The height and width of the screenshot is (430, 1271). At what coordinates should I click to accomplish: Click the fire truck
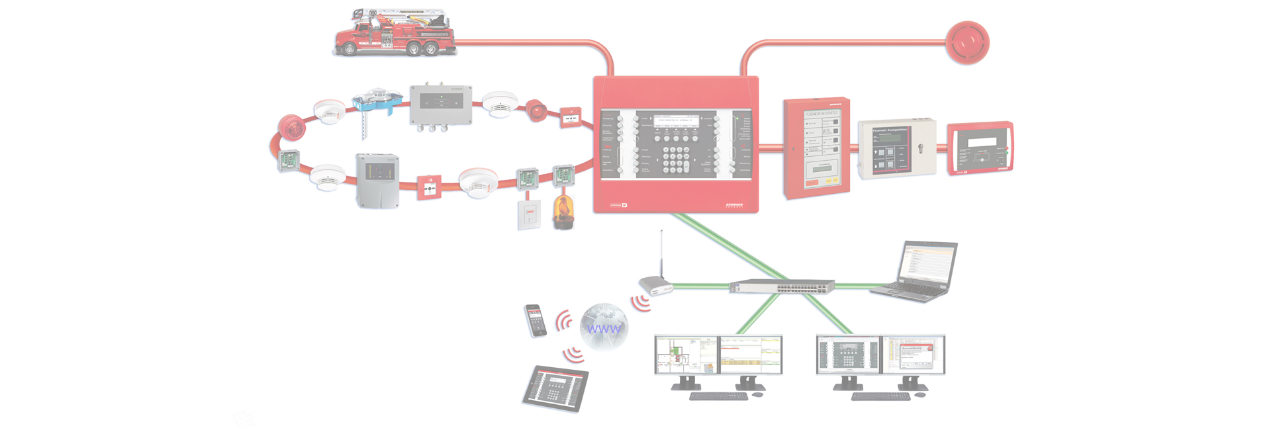(x=395, y=33)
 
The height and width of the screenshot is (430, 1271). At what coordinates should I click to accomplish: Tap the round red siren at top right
(x=966, y=42)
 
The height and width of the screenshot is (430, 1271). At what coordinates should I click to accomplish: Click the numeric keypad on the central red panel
(x=677, y=159)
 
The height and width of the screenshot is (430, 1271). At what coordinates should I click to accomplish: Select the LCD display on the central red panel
(x=676, y=120)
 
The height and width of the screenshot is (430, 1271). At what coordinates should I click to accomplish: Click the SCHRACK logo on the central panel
(x=733, y=205)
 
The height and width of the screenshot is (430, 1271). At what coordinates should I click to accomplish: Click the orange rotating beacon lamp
(x=563, y=212)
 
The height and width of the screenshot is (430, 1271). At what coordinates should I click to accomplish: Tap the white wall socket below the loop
(x=529, y=214)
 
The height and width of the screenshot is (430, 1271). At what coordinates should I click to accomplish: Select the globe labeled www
(x=604, y=326)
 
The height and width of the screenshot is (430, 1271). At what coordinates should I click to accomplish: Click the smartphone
(x=536, y=320)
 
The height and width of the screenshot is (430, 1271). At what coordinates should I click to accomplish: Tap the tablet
(x=555, y=388)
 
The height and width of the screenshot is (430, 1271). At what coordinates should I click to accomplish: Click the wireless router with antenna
(x=655, y=286)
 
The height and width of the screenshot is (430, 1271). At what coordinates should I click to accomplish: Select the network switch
(x=782, y=286)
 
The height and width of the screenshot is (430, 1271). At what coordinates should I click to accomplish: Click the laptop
(x=917, y=271)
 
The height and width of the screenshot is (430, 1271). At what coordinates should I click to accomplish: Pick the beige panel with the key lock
(x=897, y=149)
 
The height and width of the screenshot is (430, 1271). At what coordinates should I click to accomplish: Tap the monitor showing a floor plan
(x=686, y=355)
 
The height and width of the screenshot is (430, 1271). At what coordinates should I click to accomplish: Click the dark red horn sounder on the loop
(x=536, y=110)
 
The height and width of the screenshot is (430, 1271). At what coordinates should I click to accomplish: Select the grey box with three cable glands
(x=440, y=105)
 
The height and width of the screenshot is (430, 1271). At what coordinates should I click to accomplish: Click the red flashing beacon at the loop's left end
(x=291, y=127)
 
